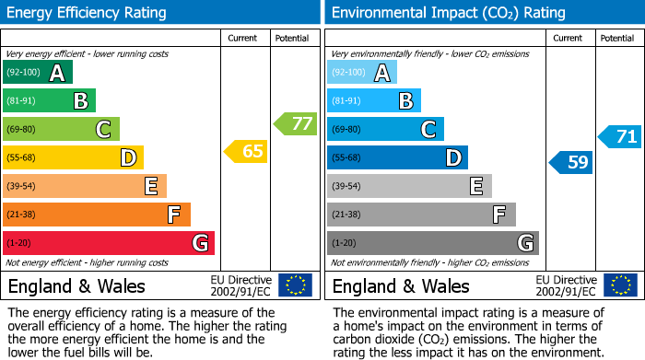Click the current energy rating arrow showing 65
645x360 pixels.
coord(246,151)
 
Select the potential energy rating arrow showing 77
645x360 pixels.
coord(295,122)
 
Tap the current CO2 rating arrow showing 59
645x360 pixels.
coord(570,163)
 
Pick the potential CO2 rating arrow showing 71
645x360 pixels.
coord(619,137)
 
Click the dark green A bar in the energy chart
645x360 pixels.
coord(38,73)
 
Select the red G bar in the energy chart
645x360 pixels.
coord(109,243)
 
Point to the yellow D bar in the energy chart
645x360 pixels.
coord(74,158)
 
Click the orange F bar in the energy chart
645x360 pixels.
coord(97,215)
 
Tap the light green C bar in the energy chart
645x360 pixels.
coord(62,130)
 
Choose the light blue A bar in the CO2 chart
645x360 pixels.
coord(362,73)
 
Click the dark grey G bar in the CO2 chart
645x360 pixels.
coord(433,243)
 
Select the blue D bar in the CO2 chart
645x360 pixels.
coord(398,158)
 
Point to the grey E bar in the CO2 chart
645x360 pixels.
coord(410,187)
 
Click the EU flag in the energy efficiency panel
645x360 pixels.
coord(295,285)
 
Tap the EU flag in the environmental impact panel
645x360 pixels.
coord(619,285)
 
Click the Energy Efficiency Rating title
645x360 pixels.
coord(88,13)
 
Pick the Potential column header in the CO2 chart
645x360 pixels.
coord(617,39)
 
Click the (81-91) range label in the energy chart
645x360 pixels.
coord(23,101)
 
